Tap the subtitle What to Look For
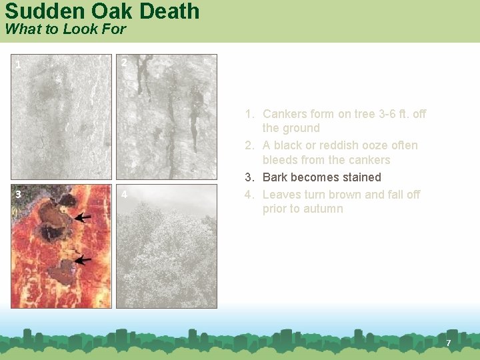(65, 29)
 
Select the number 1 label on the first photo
(18, 65)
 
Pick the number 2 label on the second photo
(124, 63)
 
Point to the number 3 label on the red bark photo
(18, 195)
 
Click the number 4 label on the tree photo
(124, 195)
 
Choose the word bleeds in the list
(279, 160)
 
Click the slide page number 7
(449, 343)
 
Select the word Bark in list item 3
(275, 177)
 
